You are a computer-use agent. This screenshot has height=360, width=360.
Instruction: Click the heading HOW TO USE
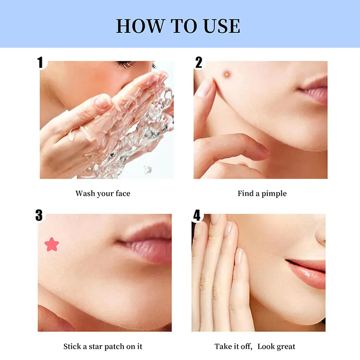[178, 26]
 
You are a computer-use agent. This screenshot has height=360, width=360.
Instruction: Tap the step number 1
[40, 62]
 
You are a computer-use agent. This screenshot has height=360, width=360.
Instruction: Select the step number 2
[198, 62]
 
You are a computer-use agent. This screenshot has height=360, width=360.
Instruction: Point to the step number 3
[39, 216]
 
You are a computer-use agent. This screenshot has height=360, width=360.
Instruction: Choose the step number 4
[197, 216]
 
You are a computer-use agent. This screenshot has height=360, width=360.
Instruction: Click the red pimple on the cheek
[227, 74]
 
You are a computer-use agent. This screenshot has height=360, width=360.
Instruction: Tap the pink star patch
[52, 244]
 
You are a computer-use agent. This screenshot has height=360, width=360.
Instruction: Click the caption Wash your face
[103, 193]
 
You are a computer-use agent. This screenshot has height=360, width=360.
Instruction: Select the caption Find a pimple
[262, 193]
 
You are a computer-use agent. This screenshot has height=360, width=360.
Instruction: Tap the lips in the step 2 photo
[314, 90]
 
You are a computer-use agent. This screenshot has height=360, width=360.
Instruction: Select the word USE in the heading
[222, 26]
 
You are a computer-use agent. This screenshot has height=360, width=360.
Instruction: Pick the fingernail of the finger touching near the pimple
[204, 88]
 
